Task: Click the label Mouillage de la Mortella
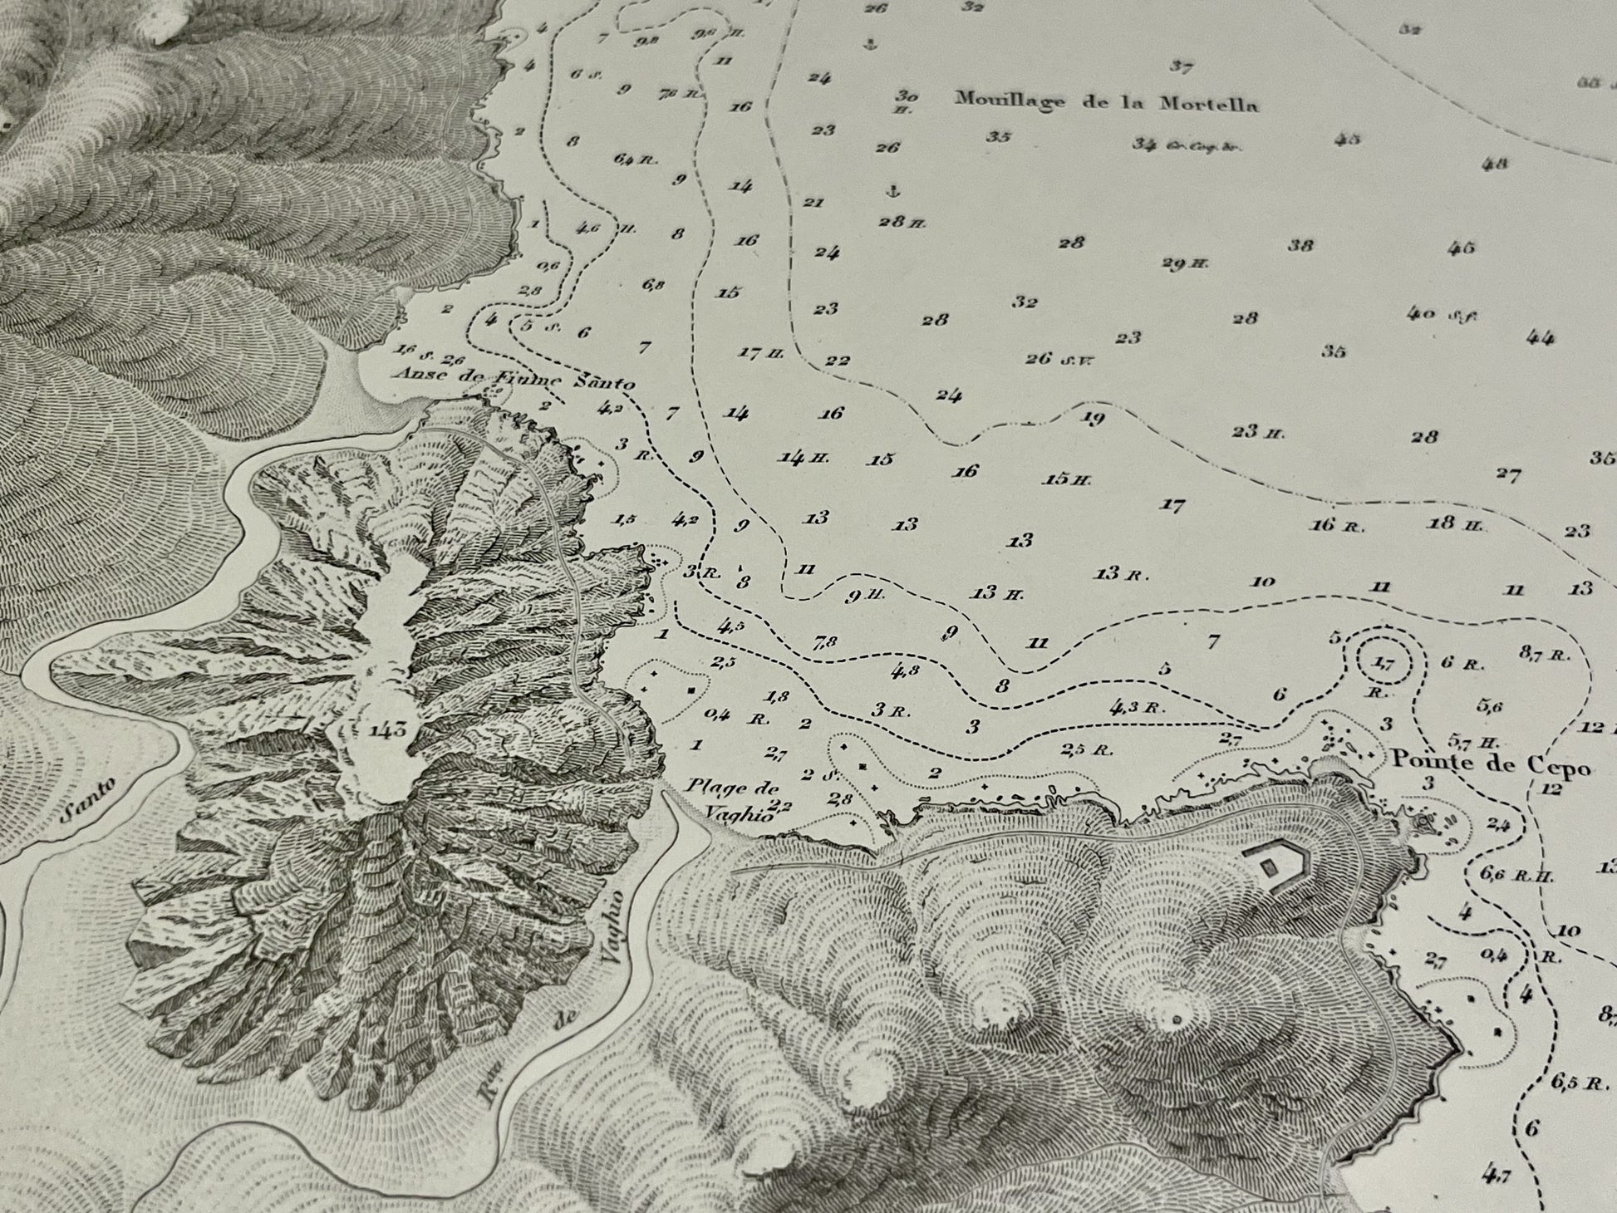coord(1106,102)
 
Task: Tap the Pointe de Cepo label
coord(1490,761)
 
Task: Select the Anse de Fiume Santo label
coord(515,379)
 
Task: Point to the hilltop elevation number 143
coord(389,730)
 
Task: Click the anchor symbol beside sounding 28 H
coord(894,192)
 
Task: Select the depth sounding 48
coord(1494,164)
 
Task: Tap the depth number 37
coord(1182,66)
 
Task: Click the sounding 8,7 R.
coord(1545,654)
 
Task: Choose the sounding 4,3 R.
coord(1134,708)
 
